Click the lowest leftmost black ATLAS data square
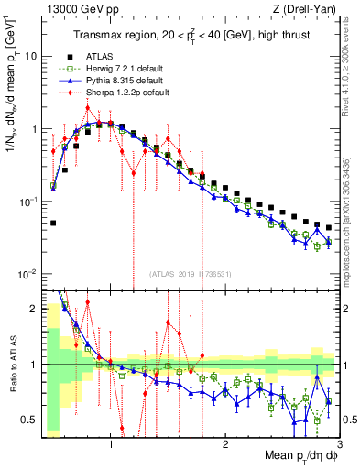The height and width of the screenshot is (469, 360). [53, 223]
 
